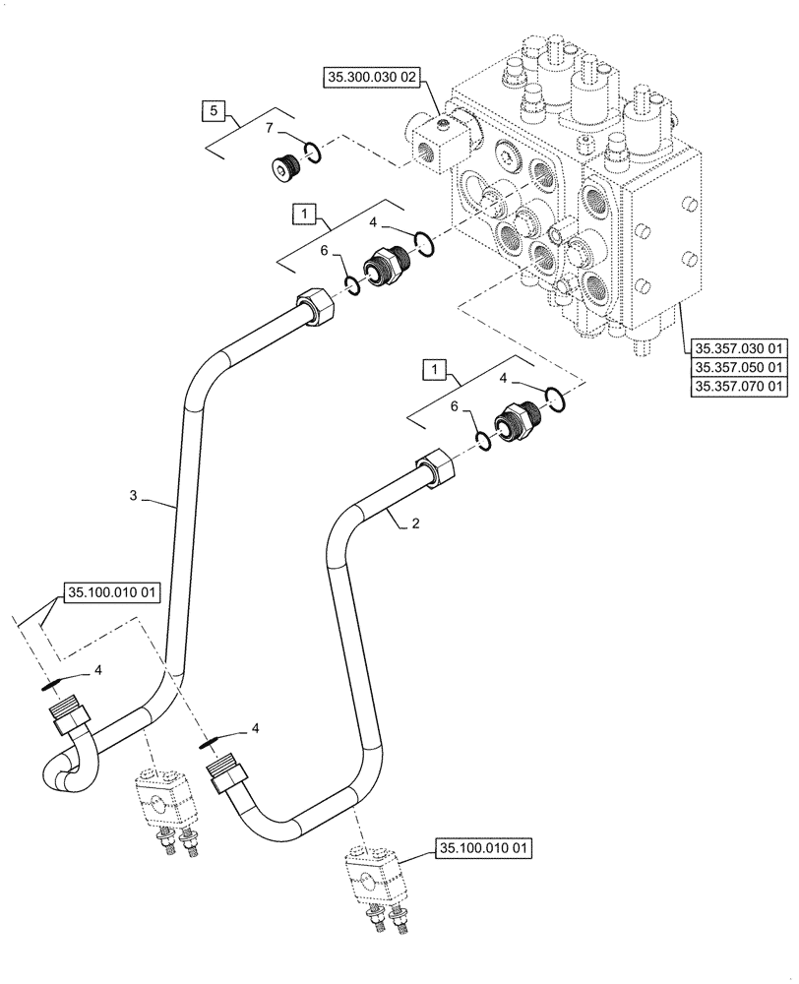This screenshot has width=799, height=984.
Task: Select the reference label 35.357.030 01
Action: pos(740,347)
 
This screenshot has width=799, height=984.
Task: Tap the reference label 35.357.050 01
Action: pos(740,367)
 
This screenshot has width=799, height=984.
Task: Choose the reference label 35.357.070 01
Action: pos(740,387)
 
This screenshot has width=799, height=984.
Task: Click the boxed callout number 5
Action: pos(215,111)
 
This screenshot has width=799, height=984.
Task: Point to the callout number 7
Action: pos(269,128)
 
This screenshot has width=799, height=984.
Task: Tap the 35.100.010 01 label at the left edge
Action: pos(111,593)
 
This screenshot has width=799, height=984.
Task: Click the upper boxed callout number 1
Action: pos(303,213)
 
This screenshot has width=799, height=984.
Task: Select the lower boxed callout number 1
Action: pos(434,369)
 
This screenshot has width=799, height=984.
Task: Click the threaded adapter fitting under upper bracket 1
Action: pos(386,265)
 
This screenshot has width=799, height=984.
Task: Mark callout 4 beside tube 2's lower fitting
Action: pos(255,728)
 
